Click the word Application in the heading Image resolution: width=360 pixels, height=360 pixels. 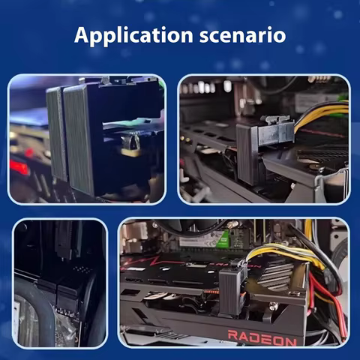[133, 36]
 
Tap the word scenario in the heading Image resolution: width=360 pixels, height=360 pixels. [242, 35]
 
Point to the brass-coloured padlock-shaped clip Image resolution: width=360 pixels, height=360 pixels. [130, 146]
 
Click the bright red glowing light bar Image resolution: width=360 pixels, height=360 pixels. [20, 167]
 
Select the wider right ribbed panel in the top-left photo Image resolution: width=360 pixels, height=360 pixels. [79, 140]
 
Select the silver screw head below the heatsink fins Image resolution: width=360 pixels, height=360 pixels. [274, 305]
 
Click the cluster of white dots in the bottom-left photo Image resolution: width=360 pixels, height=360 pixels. [80, 269]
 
